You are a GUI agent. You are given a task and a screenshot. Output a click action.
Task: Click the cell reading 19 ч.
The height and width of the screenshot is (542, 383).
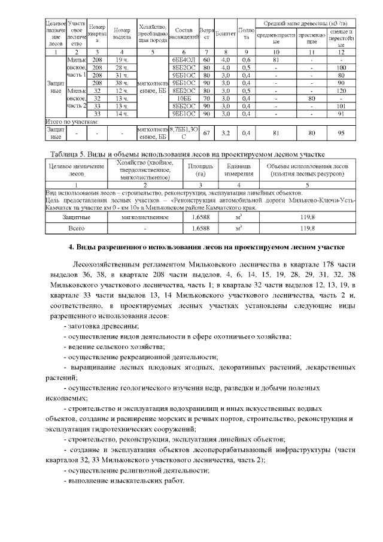tap(121, 60)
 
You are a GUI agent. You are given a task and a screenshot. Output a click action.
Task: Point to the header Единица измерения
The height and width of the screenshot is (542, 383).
tap(239, 169)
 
